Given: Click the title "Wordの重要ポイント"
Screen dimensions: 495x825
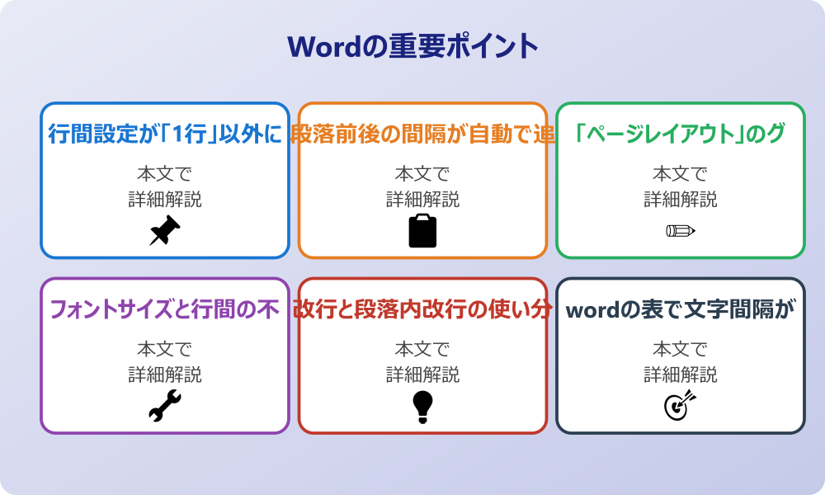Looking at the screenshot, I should pos(412,46).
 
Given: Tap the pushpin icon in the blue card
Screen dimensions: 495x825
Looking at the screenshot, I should pos(165,230).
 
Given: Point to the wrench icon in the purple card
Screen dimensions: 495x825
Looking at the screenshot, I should pos(165,406).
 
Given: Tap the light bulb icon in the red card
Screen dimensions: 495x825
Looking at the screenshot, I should pos(422,406).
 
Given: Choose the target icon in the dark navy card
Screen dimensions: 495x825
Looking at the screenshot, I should pos(680,406).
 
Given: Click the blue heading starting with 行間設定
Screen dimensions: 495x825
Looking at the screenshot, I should pos(165,134).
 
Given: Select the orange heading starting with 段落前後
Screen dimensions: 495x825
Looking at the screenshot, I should pos(422,134).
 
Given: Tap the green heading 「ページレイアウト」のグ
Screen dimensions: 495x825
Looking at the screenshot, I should pos(680,134).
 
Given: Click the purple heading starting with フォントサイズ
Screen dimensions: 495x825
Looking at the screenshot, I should pos(165,309).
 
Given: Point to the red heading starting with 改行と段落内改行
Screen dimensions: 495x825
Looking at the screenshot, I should pos(422,309).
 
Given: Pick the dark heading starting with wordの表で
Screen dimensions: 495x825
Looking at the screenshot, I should pos(680,309).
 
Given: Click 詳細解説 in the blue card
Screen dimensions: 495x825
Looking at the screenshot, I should pos(165,199).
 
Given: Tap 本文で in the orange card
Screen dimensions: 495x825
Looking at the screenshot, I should pos(422,174).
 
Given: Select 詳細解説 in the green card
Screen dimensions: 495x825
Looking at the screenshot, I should pos(680,199).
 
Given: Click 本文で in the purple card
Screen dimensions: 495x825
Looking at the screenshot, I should pos(165,350).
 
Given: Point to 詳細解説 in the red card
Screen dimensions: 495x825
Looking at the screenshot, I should pos(422,375).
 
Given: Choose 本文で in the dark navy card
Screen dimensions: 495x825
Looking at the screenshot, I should pos(680,350).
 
